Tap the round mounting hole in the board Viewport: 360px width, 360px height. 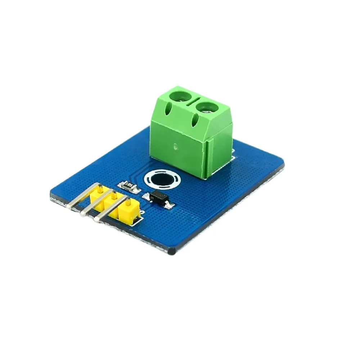161,179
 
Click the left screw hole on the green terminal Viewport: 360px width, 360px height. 180,96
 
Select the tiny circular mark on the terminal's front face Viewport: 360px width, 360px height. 174,146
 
